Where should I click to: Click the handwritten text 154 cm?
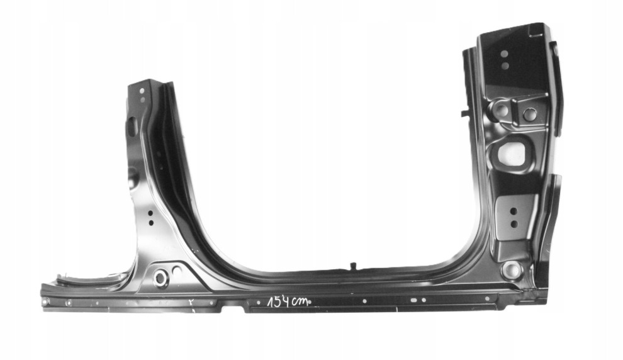click(288, 302)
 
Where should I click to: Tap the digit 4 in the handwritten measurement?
click(285, 302)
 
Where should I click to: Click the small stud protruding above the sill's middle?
click(352, 266)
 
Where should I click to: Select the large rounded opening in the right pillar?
click(512, 154)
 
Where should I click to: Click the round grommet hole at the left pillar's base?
click(161, 278)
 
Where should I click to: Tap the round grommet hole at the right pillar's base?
click(512, 270)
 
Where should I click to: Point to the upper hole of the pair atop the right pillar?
click(504, 53)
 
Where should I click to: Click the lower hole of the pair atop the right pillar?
click(505, 65)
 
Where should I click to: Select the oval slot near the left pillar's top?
click(131, 126)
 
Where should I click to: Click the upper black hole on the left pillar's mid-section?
click(150, 213)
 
